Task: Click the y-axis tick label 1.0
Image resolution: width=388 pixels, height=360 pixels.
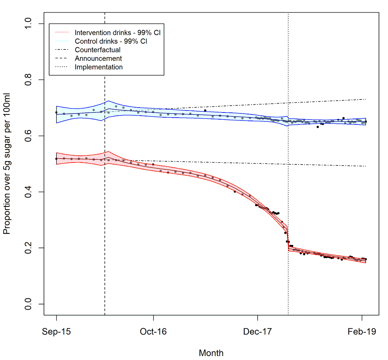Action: click(28, 24)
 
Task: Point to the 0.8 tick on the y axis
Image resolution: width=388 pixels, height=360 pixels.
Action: click(28, 80)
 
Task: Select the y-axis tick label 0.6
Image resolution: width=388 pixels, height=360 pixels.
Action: click(28, 136)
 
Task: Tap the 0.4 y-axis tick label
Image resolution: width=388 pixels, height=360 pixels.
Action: click(28, 192)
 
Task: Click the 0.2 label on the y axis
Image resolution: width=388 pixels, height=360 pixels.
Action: click(28, 248)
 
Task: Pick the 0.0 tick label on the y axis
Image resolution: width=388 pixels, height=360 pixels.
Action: click(28, 304)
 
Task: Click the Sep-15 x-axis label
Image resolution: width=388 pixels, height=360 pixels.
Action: click(56, 332)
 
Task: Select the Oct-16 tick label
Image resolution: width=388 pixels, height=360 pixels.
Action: click(153, 332)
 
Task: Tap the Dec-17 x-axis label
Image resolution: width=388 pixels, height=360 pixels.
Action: click(257, 332)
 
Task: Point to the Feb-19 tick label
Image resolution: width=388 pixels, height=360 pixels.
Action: click(362, 332)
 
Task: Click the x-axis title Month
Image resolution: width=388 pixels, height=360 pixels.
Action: click(211, 353)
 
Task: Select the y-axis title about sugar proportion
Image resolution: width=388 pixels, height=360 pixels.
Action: click(7, 164)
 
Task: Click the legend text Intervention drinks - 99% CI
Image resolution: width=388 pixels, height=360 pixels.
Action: click(117, 33)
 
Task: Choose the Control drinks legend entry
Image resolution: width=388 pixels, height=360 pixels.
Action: click(111, 41)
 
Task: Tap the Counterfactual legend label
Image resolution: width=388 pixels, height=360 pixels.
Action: click(98, 50)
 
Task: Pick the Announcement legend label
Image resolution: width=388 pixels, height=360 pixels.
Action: click(98, 58)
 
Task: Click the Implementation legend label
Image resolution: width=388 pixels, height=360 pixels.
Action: click(99, 67)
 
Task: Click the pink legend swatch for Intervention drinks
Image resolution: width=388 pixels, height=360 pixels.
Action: click(62, 32)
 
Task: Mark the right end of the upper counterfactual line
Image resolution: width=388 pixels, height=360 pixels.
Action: click(366, 99)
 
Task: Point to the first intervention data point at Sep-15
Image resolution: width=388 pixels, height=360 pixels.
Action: click(57, 159)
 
